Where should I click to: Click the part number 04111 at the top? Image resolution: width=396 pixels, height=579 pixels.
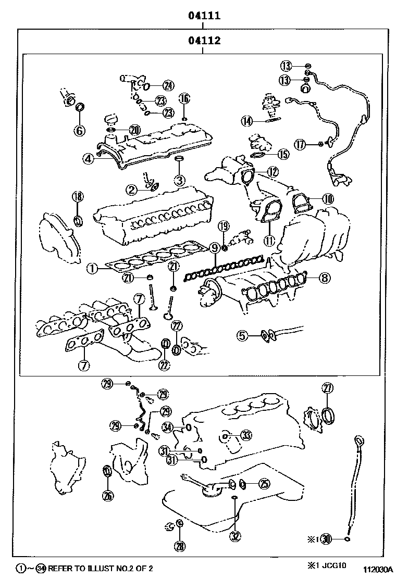pos(204,16)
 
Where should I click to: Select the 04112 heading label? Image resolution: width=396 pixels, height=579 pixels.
pos(204,41)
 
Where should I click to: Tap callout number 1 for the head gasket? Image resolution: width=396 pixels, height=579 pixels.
pos(91,269)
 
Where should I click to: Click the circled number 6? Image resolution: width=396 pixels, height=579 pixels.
pos(79,130)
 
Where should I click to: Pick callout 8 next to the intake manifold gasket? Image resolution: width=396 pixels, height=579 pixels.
pos(324,278)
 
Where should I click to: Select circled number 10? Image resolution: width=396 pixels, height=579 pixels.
pos(327,198)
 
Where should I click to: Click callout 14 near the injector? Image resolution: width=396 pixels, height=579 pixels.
pos(247,121)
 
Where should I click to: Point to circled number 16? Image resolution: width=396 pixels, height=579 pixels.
pos(184,98)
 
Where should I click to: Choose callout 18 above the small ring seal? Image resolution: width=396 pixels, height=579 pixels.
pos(77,196)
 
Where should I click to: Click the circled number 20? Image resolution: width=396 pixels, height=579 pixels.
pos(134,130)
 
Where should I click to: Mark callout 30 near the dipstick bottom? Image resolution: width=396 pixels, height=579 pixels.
pos(326,539)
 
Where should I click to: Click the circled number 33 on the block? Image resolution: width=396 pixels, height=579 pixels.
pos(245,435)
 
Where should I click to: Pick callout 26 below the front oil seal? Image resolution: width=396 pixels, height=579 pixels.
pos(107,495)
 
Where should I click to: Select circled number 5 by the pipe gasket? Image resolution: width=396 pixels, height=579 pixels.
pos(242,336)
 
